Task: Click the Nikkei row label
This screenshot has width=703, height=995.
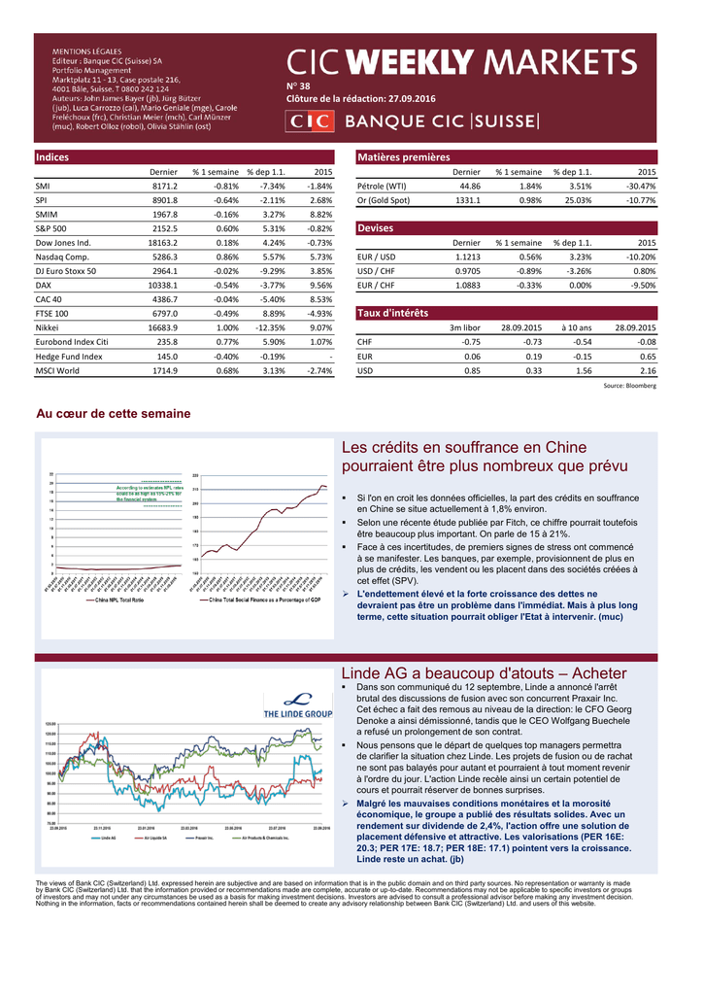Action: (x=47, y=328)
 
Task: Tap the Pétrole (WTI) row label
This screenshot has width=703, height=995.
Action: (x=382, y=186)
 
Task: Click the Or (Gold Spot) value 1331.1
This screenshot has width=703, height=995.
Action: (x=466, y=200)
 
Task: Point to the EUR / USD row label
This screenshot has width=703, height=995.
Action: (x=377, y=257)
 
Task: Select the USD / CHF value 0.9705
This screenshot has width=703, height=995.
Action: (x=467, y=271)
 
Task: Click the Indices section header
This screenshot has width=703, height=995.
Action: (x=51, y=157)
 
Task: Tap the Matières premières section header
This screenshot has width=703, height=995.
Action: (x=404, y=157)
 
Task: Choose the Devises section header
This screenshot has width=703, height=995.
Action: (x=376, y=228)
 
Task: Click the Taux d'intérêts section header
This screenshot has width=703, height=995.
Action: (x=393, y=313)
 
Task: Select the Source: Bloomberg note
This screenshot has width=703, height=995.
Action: (x=629, y=386)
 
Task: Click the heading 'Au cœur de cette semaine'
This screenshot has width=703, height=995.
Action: (x=114, y=414)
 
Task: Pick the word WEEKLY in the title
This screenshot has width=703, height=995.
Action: (x=411, y=63)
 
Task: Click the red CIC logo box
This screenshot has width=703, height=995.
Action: (x=310, y=121)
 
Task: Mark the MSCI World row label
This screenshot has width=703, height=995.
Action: (x=57, y=371)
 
